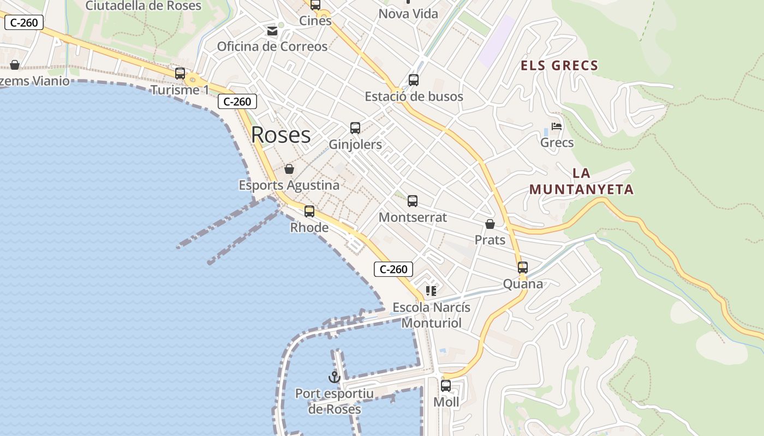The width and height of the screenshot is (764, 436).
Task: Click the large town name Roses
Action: click(x=281, y=135)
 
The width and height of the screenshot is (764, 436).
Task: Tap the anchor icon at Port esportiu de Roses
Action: click(x=334, y=376)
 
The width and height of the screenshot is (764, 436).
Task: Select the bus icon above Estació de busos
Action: click(x=414, y=80)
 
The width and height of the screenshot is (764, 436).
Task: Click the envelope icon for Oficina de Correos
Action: click(x=272, y=31)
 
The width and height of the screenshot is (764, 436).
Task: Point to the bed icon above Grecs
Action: click(x=557, y=126)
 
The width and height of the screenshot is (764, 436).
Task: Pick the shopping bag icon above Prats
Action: click(x=490, y=224)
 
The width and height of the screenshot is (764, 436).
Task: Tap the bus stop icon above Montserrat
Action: click(x=413, y=201)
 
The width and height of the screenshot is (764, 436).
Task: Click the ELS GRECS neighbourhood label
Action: click(x=559, y=66)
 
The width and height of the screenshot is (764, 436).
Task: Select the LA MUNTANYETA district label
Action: click(x=582, y=181)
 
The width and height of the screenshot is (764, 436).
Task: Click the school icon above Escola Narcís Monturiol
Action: click(x=431, y=291)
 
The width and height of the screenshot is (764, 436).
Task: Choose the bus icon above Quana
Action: click(x=523, y=268)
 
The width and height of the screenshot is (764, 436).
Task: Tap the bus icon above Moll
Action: click(x=446, y=386)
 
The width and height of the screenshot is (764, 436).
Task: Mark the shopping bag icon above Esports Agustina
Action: click(x=289, y=169)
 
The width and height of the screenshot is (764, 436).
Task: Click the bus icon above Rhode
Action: click(x=309, y=211)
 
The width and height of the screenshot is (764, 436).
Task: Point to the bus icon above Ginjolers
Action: click(x=355, y=128)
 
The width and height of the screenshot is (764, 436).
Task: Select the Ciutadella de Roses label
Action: click(x=144, y=6)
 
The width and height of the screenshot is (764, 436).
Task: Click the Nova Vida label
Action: click(x=408, y=14)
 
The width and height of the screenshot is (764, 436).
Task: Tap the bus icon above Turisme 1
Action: click(x=180, y=74)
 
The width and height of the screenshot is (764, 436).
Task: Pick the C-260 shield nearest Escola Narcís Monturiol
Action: click(x=393, y=269)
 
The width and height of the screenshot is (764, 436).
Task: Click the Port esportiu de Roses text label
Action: click(x=335, y=401)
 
